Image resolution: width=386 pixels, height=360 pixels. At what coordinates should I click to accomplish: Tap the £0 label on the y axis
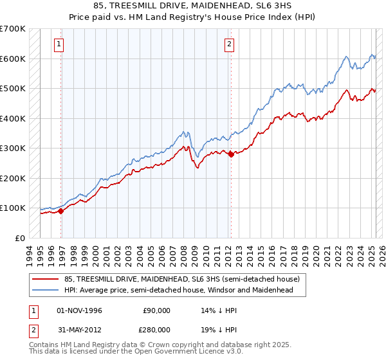[19, 238]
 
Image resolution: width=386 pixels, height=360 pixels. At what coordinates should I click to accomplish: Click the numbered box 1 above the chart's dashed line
[59, 44]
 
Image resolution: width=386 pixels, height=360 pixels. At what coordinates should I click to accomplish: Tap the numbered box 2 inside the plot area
[230, 44]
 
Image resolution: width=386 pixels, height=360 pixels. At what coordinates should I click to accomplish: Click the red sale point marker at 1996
[60, 211]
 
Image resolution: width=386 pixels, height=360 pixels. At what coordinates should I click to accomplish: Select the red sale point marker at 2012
[231, 154]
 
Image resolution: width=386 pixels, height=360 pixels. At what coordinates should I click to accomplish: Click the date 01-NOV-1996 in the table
[79, 310]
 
